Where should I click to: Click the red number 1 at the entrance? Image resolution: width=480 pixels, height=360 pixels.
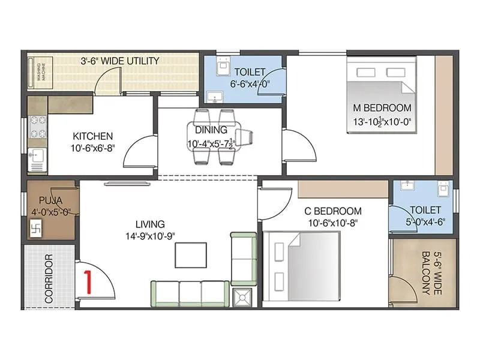tap(88, 281)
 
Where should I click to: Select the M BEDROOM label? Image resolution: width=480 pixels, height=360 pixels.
tap(382, 108)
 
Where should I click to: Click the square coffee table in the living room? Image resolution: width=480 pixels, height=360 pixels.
tap(191, 255)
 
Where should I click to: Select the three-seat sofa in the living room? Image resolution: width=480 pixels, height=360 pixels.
tap(190, 294)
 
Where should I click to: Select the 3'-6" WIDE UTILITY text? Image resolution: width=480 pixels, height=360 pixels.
tap(120, 61)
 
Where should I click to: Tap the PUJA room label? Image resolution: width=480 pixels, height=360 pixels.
tap(49, 200)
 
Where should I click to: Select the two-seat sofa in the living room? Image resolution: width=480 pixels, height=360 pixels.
tap(244, 258)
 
